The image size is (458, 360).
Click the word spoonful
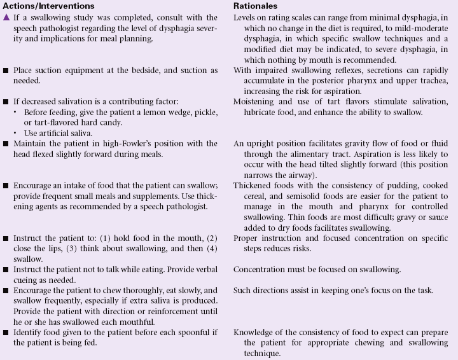click(x=190, y=332)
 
